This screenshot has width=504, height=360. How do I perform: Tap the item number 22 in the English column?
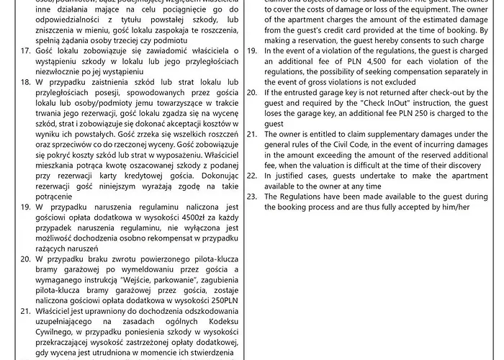252,174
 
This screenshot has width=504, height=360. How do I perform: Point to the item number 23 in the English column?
252,196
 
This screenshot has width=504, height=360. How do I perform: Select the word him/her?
454,207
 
